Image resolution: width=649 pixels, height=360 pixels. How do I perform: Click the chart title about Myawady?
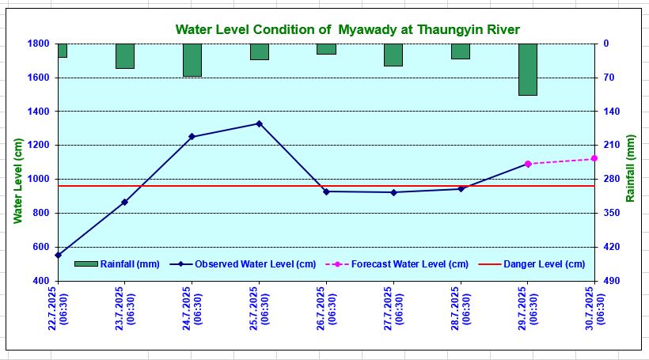[347, 30]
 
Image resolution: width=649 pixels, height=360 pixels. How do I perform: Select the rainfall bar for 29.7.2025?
[528, 70]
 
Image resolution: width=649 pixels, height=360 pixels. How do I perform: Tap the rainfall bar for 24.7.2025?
[192, 60]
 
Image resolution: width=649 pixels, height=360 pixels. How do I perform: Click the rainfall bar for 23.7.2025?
[125, 56]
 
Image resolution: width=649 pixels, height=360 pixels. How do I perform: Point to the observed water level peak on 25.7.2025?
[259, 123]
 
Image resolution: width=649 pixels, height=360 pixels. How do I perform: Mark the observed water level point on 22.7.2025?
[58, 255]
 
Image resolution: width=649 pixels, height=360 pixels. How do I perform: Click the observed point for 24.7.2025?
[192, 137]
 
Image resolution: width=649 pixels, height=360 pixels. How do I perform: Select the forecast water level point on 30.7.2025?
[594, 158]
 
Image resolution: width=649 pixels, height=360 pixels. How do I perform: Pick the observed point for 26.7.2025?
[326, 191]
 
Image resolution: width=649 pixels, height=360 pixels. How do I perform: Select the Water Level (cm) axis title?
[17, 180]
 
